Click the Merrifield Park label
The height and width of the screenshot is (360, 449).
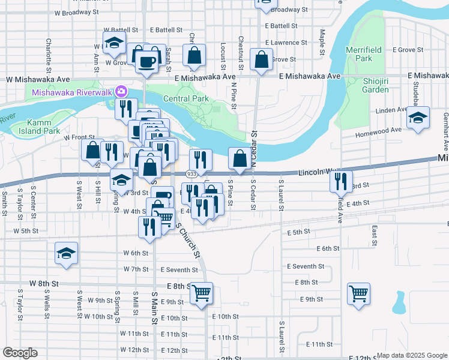(359, 54)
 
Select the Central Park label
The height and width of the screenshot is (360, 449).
(185, 98)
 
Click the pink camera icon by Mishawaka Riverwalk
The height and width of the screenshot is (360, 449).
(122, 92)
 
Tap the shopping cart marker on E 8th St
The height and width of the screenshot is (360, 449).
(202, 292)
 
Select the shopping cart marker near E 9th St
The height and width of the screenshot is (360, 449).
(358, 293)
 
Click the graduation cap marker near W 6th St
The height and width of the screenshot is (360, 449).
(66, 253)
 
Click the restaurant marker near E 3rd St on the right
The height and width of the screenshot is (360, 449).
(340, 179)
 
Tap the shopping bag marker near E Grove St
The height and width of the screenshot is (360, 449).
(261, 59)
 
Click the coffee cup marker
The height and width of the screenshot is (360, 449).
(147, 61)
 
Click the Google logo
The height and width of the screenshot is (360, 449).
(20, 353)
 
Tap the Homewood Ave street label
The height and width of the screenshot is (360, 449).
(380, 130)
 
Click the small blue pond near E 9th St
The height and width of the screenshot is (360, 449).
(399, 304)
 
